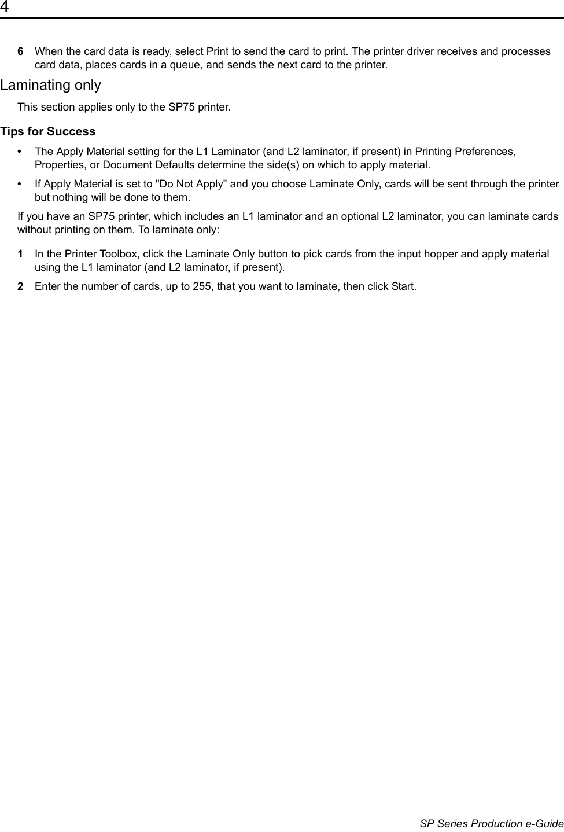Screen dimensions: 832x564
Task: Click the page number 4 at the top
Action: coord(5,7)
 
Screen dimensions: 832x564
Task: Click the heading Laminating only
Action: coord(50,85)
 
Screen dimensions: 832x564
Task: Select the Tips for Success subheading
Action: coord(48,131)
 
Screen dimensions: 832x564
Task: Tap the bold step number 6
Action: coord(21,51)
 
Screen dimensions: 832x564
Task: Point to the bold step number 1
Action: coord(21,254)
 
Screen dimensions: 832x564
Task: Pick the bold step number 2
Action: coord(21,286)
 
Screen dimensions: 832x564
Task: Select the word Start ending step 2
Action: coord(403,286)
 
